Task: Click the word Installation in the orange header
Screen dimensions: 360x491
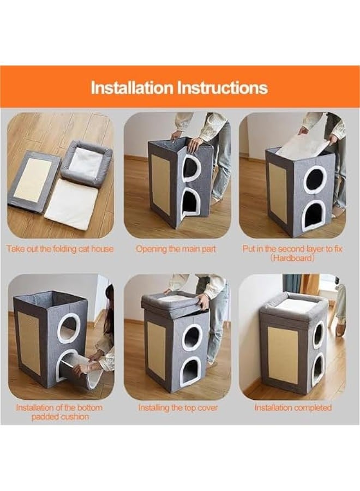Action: (131, 88)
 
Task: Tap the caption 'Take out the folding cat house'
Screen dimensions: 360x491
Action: (60, 249)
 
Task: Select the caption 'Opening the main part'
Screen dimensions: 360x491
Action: (176, 249)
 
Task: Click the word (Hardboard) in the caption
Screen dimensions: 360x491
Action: (292, 258)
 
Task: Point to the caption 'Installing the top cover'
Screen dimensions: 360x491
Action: (178, 408)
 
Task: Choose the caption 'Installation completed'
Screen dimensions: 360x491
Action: (293, 408)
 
